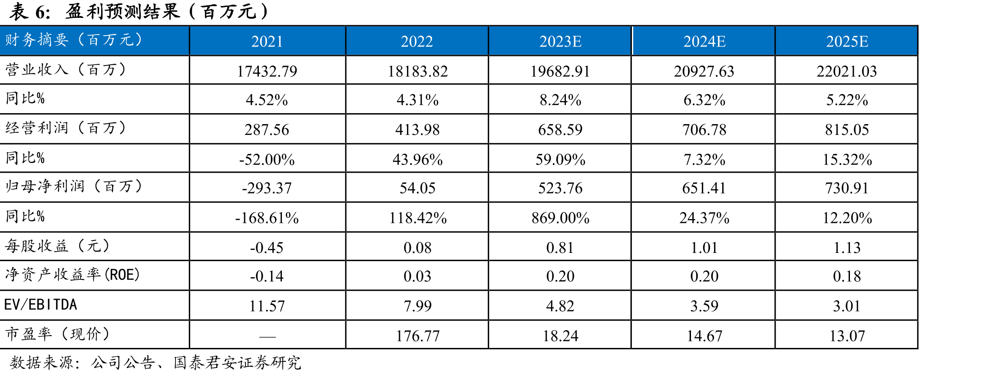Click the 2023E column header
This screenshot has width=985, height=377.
point(560,41)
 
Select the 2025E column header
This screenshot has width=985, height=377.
point(847,41)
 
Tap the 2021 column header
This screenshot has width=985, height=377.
point(267,41)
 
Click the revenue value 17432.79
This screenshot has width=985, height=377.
point(267,71)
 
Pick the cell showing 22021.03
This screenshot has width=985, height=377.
point(847,71)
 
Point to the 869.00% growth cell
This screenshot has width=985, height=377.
point(560,217)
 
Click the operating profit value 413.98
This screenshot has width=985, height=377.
point(417,129)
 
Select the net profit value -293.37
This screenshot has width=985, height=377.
point(267,188)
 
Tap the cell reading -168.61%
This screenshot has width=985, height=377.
point(267,217)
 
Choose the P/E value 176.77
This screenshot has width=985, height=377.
point(417,336)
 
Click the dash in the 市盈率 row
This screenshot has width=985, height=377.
point(268,336)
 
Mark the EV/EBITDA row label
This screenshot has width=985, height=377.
point(40,305)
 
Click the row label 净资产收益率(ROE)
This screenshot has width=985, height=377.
point(73,275)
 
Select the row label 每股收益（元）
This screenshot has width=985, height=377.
point(57,246)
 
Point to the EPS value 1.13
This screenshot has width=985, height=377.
point(847,247)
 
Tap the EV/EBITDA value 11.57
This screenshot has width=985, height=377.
point(267,306)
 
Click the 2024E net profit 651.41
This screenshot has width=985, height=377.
point(704,188)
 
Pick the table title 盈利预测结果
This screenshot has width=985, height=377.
point(123,11)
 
